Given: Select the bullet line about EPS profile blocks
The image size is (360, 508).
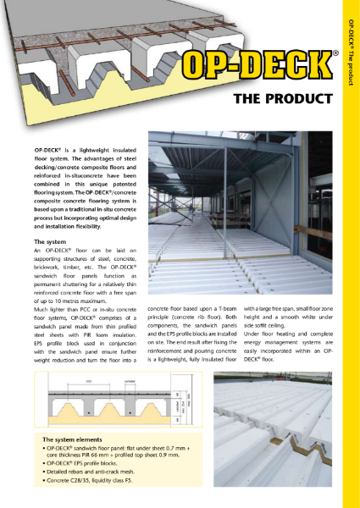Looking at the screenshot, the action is pos(85,465).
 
